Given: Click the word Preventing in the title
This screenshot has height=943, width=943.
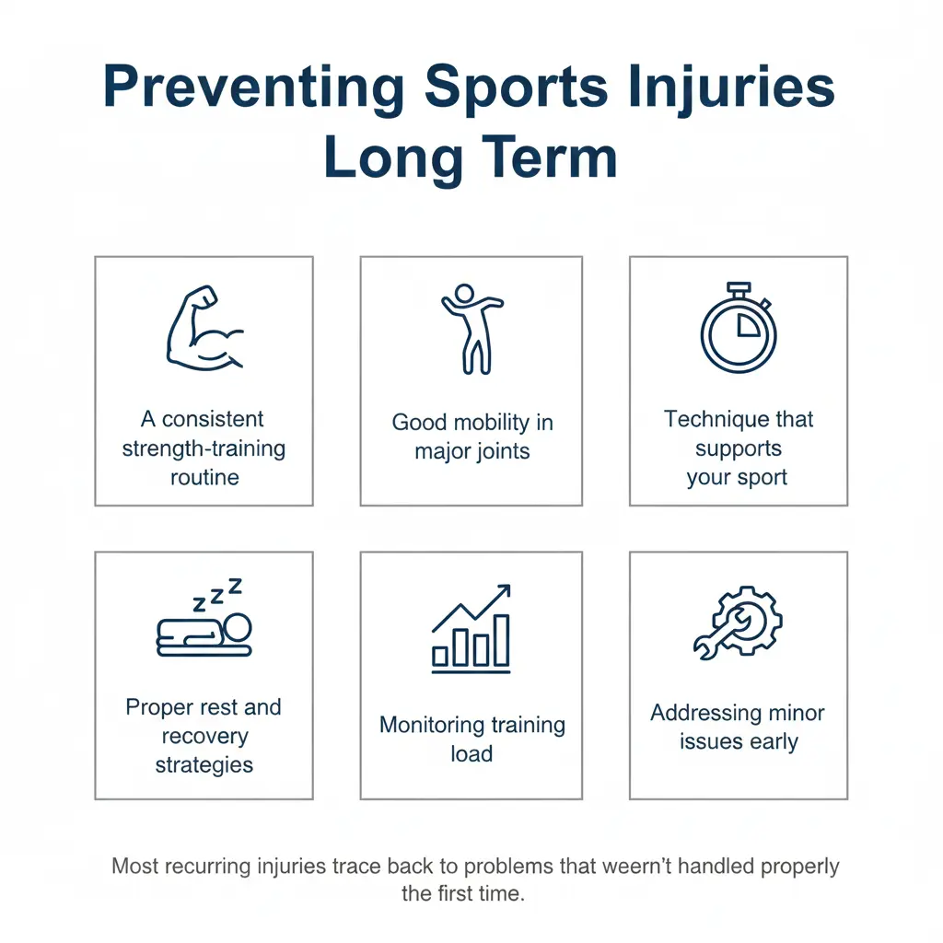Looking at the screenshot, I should pyautogui.click(x=251, y=88).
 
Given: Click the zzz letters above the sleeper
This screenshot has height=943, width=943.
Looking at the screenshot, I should pyautogui.click(x=217, y=595).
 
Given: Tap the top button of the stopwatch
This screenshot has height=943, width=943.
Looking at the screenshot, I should pyautogui.click(x=738, y=288).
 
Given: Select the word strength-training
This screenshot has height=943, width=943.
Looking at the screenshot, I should pyautogui.click(x=204, y=448).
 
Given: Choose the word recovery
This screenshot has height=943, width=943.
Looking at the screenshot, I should pyautogui.click(x=204, y=737).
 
